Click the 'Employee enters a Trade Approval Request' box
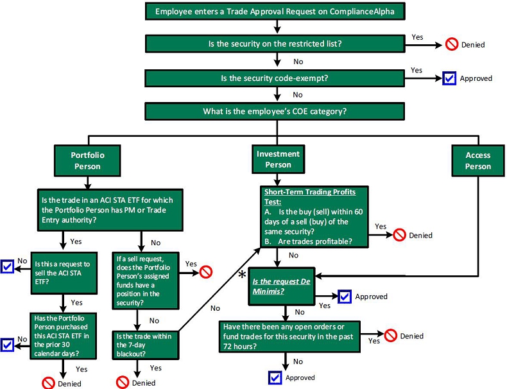[275, 12]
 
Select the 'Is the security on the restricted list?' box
[275, 44]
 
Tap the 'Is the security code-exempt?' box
[275, 78]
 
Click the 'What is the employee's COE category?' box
[275, 112]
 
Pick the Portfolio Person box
[87, 160]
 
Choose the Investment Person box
[278, 159]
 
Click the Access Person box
[478, 160]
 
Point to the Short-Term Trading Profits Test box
[314, 217]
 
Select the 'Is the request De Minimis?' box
[282, 286]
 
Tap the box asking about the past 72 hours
[289, 336]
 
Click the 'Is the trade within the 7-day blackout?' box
[146, 345]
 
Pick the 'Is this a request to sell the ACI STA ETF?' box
[64, 273]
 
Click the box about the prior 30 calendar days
[64, 336]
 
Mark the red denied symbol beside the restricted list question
[452, 44]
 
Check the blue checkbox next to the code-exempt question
[449, 78]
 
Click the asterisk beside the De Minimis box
[242, 275]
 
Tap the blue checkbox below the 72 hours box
[275, 377]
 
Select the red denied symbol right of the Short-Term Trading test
[399, 235]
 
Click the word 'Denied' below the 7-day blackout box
[144, 383]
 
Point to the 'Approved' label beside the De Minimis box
[371, 297]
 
